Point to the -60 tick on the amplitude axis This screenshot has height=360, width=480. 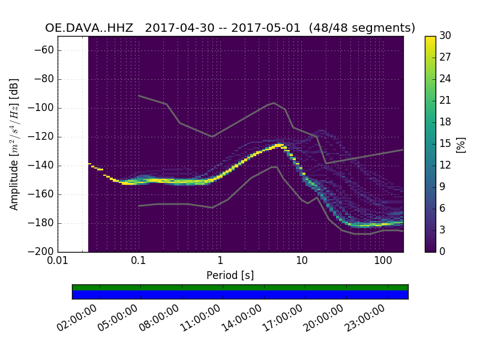(x=46, y=50)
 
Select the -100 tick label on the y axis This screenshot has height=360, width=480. (x=43, y=108)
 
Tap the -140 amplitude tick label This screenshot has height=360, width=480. (x=43, y=166)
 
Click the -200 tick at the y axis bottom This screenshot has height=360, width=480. (x=43, y=251)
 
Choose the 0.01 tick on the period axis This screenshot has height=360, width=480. (x=58, y=261)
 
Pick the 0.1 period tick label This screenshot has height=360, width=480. (x=139, y=261)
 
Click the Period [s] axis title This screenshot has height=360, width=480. (x=230, y=275)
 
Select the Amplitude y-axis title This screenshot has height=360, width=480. (x=15, y=144)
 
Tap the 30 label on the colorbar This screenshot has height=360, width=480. (x=446, y=36)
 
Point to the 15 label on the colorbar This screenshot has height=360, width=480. (x=446, y=143)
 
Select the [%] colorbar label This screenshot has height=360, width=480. (x=461, y=144)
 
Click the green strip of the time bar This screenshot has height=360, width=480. (x=240, y=287)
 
